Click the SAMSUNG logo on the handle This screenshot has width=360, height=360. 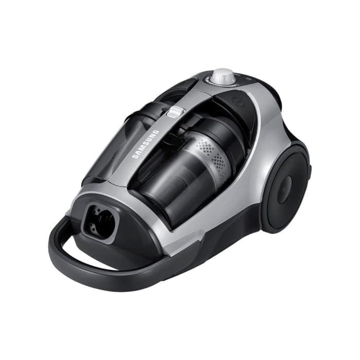click(146, 145)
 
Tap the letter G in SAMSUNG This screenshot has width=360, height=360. click(156, 133)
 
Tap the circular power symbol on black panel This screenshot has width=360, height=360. click(238, 101)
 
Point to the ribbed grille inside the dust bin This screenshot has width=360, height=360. click(185, 177)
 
